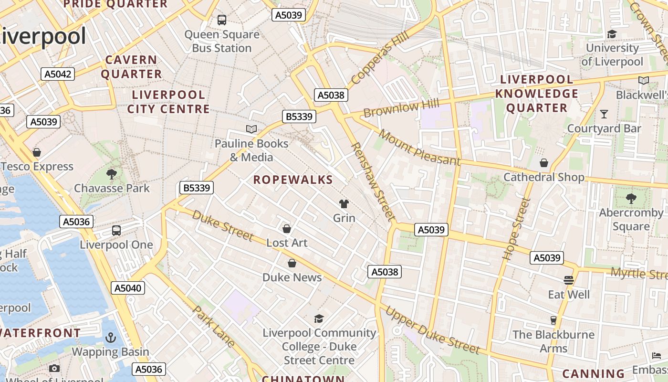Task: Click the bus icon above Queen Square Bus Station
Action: (222, 20)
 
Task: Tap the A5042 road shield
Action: (58, 74)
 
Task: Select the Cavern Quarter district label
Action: (131, 67)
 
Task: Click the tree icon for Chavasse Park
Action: (112, 174)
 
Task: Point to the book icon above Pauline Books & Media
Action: (251, 129)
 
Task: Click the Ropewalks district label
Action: (293, 180)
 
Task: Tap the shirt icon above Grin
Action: (344, 204)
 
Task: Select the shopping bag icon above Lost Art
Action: (287, 229)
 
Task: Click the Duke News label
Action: (292, 277)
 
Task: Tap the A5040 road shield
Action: (128, 288)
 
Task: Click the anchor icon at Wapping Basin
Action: (111, 338)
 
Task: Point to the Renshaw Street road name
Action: (373, 181)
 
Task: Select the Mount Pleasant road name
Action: (420, 148)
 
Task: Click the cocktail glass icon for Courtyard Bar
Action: (604, 114)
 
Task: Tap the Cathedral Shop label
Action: (544, 177)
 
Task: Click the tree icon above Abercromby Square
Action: (631, 198)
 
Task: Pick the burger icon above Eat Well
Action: (568, 280)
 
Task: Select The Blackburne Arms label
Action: (553, 341)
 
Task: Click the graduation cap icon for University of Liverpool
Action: (612, 34)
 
